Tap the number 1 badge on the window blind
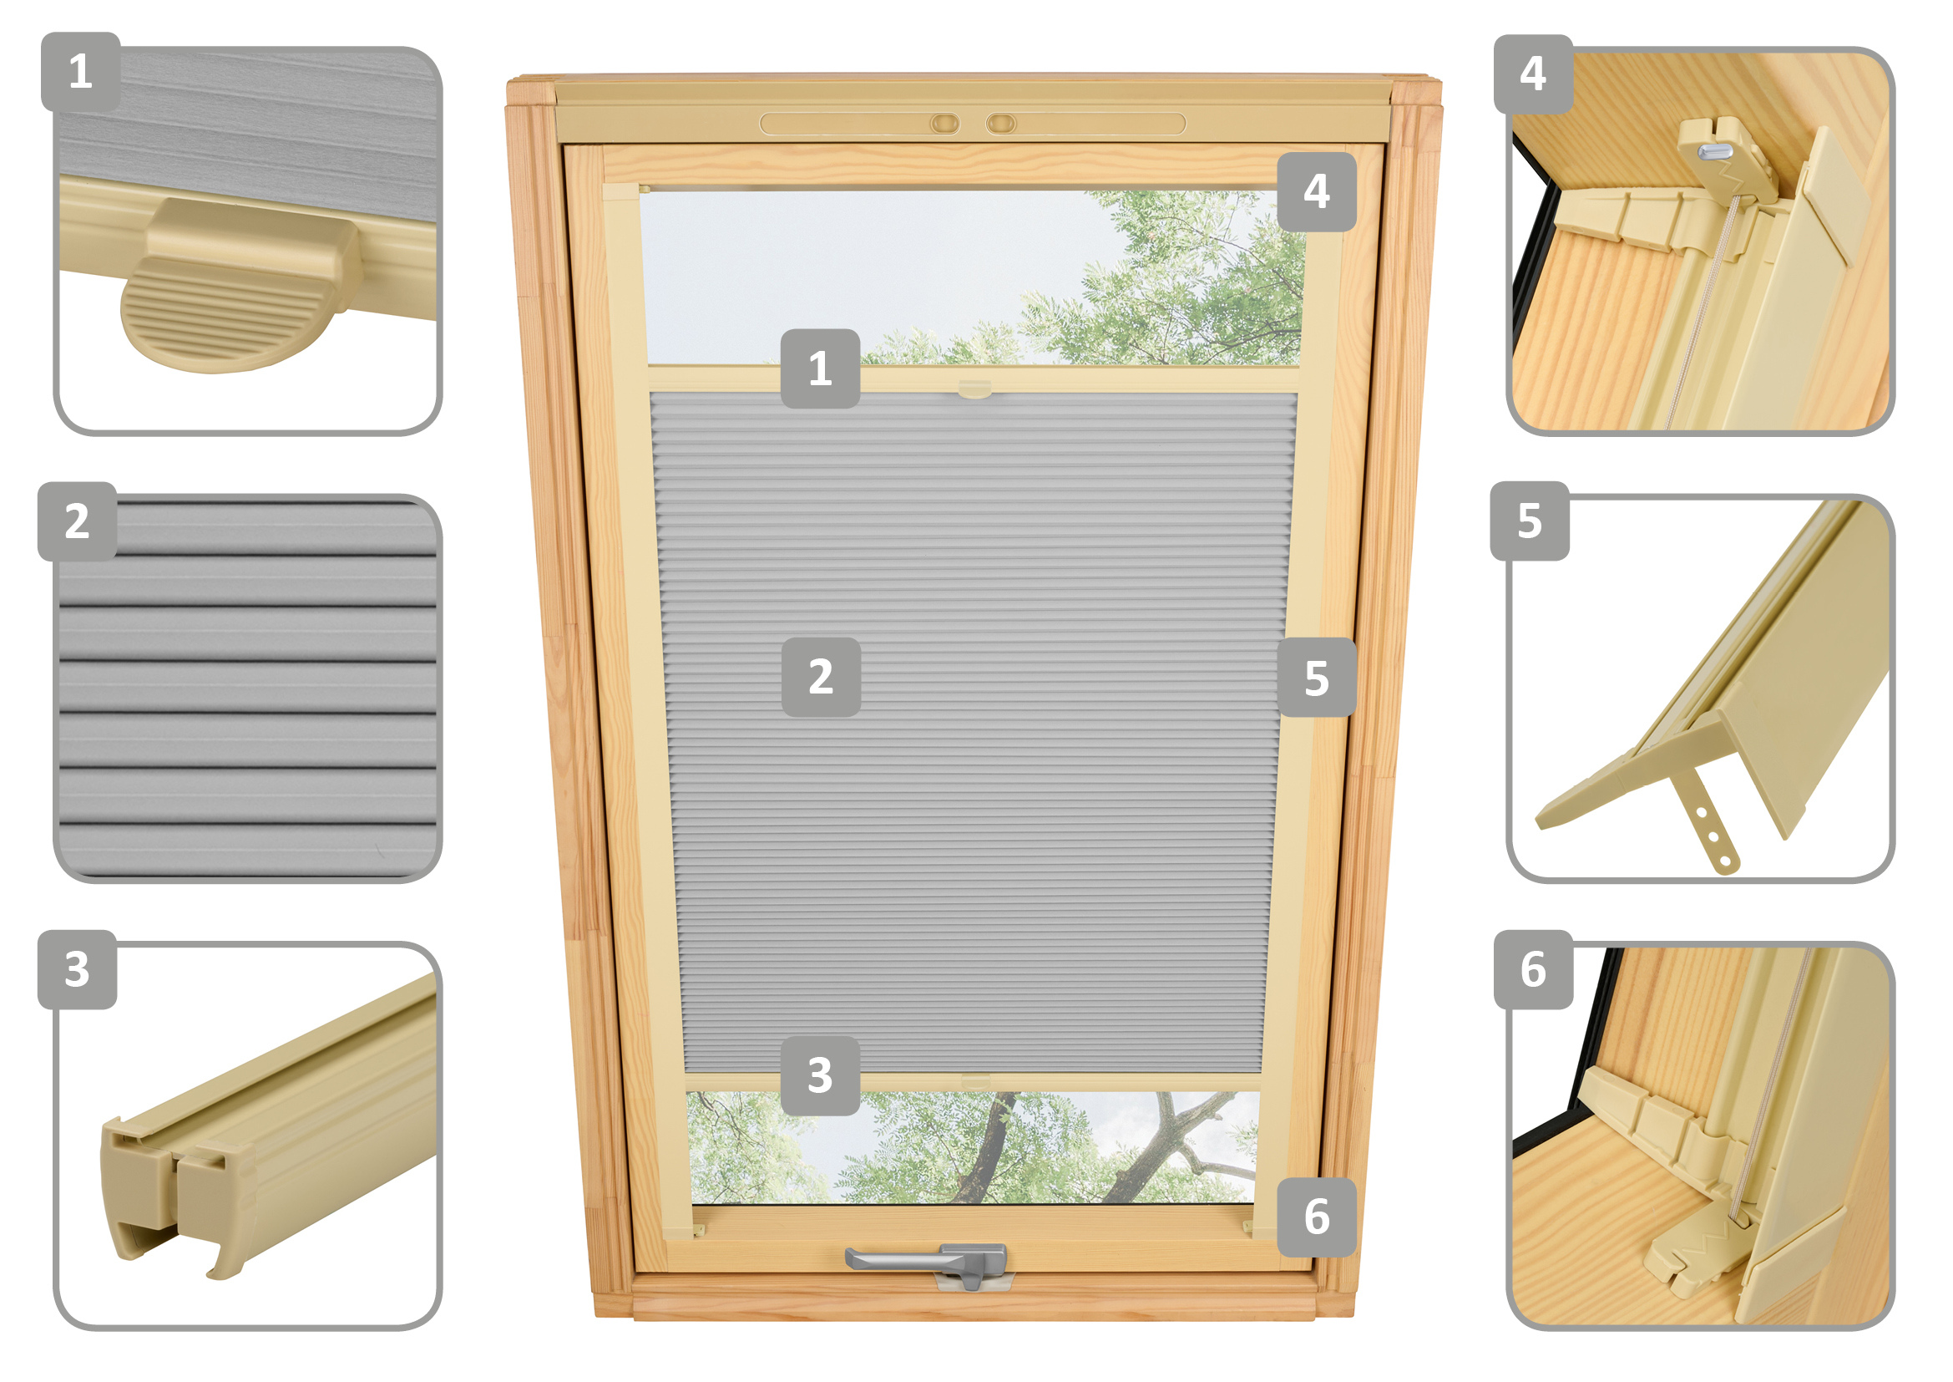pyautogui.click(x=820, y=368)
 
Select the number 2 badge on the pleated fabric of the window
pyautogui.click(x=821, y=678)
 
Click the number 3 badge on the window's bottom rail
pyautogui.click(x=820, y=1075)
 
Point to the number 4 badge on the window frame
pyautogui.click(x=1317, y=191)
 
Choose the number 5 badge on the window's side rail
pyautogui.click(x=1317, y=678)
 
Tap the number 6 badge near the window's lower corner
pyautogui.click(x=1317, y=1217)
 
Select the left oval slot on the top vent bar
pyautogui.click(x=944, y=124)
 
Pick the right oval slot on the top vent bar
pyautogui.click(x=1001, y=124)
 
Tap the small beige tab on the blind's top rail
pyautogui.click(x=974, y=389)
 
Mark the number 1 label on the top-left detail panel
pyautogui.click(x=81, y=72)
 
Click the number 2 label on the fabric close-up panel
pyautogui.click(x=78, y=521)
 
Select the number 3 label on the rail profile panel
pyautogui.click(x=78, y=970)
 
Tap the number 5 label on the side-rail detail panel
pyautogui.click(x=1530, y=521)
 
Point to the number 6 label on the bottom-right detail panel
pyautogui.click(x=1534, y=970)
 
